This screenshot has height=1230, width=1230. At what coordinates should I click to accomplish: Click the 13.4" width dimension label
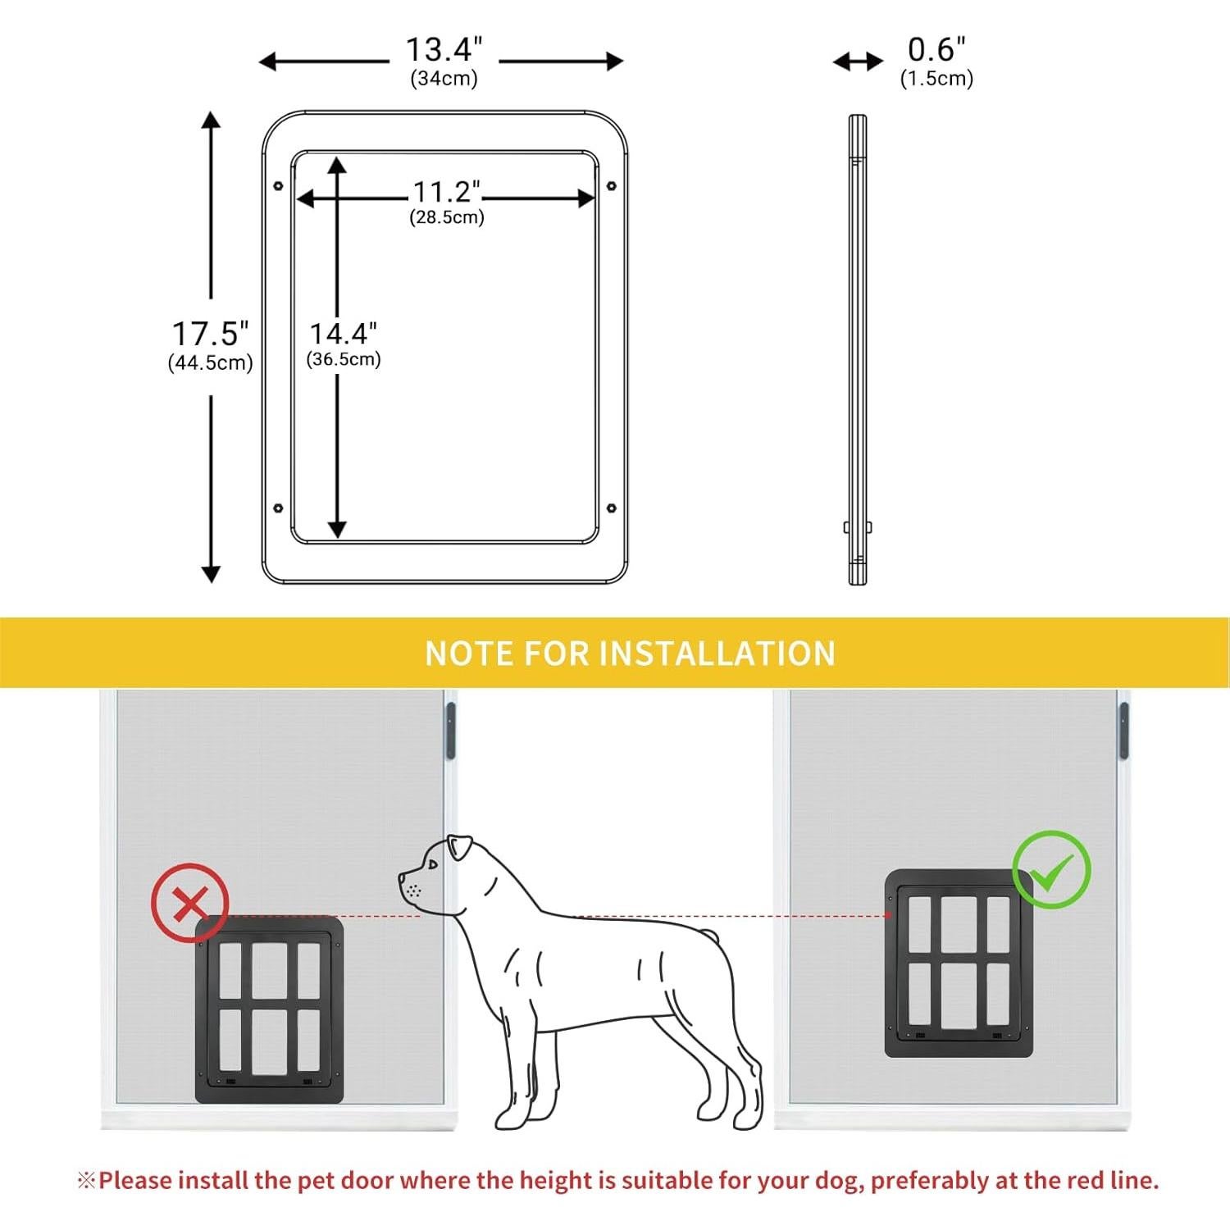[444, 50]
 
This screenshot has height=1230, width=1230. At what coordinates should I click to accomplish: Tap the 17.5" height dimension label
[210, 335]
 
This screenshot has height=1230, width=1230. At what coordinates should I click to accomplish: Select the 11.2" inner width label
[446, 192]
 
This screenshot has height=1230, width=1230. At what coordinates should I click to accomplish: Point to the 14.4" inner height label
[343, 334]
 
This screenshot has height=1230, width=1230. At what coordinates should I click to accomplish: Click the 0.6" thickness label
[936, 50]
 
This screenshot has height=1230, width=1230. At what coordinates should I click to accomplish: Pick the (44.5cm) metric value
[210, 363]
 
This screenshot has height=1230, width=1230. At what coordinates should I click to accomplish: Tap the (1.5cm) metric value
[936, 79]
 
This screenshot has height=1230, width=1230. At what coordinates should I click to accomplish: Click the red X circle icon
[190, 902]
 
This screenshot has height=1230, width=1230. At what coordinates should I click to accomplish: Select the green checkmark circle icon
[1051, 869]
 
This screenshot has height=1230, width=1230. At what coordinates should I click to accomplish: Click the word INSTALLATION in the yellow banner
[717, 654]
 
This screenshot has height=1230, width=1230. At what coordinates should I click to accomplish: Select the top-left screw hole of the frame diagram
[278, 186]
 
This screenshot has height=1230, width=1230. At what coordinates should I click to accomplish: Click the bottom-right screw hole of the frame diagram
[611, 508]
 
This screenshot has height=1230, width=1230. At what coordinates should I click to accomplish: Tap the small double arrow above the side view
[858, 61]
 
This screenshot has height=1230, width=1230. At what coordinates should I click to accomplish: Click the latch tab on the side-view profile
[847, 527]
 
